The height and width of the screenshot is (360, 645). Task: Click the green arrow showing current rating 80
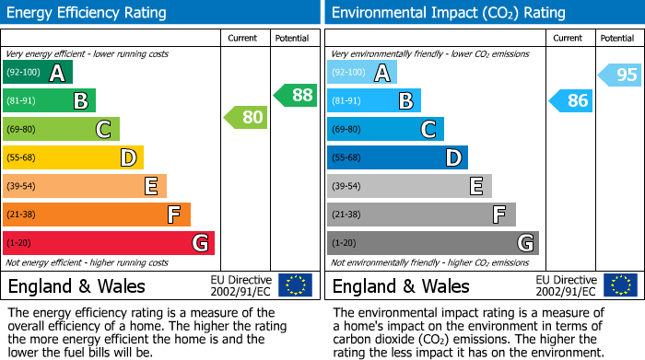(x=245, y=117)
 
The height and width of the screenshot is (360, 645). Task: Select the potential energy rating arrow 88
(x=295, y=94)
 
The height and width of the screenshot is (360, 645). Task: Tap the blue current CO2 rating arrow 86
(x=569, y=100)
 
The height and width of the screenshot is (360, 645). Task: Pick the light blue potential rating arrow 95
(x=619, y=75)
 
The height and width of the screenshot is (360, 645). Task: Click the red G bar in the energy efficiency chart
(x=109, y=243)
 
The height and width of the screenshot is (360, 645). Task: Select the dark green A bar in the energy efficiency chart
(x=37, y=73)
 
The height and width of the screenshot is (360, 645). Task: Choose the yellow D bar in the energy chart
(x=73, y=158)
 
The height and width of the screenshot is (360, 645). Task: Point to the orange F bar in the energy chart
(x=97, y=215)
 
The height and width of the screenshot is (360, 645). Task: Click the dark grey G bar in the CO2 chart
(x=432, y=243)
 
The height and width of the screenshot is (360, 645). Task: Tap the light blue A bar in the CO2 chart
(x=362, y=73)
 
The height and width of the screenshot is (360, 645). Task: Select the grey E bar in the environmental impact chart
(x=409, y=186)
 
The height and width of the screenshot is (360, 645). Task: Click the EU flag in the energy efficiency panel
(x=296, y=285)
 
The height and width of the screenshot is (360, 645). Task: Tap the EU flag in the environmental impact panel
(x=621, y=285)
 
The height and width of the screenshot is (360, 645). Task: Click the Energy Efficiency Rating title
(x=88, y=13)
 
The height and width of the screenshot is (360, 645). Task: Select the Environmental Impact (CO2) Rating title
(x=448, y=13)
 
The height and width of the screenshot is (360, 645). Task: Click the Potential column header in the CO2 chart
(x=616, y=38)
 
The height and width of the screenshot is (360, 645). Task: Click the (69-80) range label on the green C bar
(x=24, y=130)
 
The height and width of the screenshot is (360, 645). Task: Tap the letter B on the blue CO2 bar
(x=405, y=101)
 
